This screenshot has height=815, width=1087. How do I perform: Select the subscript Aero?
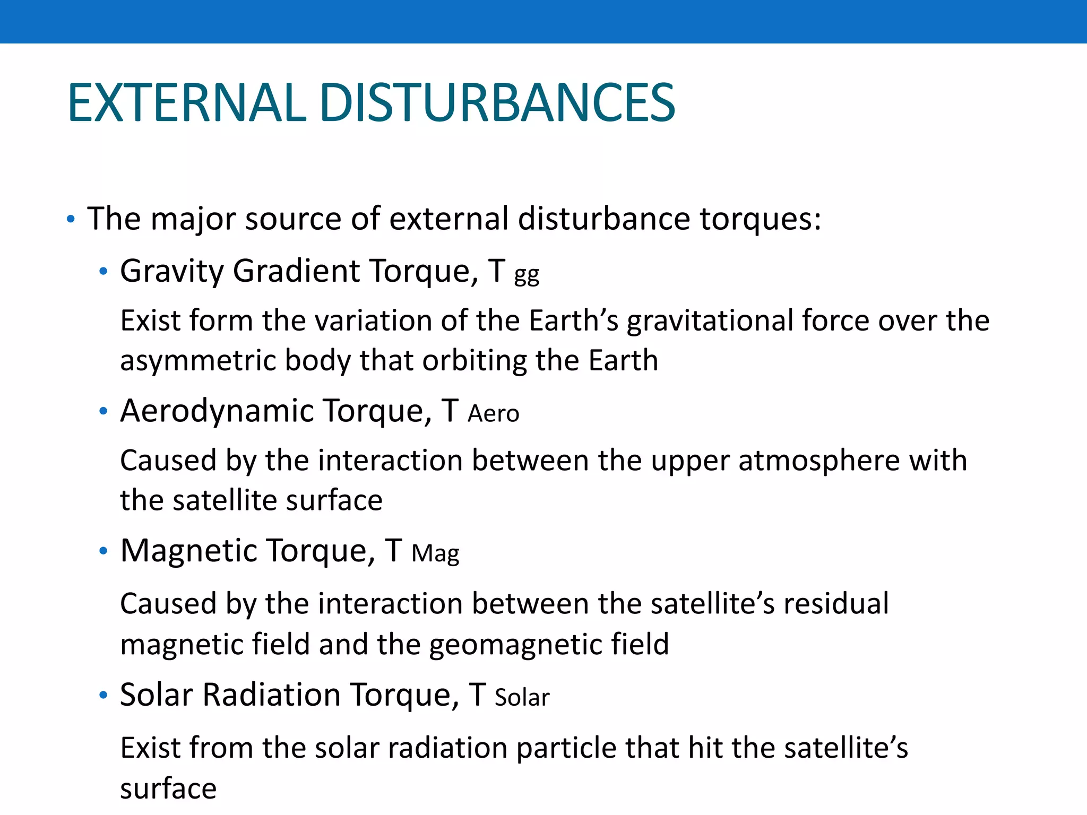click(493, 414)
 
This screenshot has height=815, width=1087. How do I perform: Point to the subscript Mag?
click(435, 554)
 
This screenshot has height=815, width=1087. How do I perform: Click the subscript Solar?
click(522, 698)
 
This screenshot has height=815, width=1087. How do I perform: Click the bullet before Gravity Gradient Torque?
click(103, 272)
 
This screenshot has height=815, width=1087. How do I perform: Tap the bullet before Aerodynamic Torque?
click(103, 412)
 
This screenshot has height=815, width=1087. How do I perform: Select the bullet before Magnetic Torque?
click(103, 551)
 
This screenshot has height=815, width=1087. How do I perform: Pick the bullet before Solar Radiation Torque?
click(103, 695)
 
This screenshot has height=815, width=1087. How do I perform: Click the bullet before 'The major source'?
click(71, 219)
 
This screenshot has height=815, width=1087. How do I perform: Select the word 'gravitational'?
click(710, 322)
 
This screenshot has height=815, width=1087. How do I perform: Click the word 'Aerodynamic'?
click(217, 412)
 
